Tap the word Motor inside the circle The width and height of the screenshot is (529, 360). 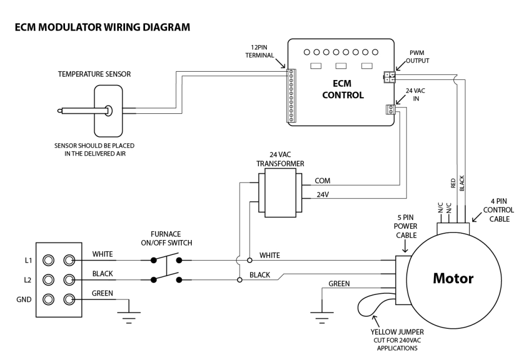453,278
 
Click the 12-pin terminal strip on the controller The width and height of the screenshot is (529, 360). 290,95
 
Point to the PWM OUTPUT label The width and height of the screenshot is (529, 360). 418,56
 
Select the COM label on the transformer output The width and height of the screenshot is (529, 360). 323,181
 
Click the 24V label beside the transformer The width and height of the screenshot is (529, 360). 322,195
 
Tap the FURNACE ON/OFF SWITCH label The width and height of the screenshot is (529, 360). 166,238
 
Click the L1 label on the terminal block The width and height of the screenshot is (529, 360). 27,260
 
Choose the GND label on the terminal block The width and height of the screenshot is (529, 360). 24,300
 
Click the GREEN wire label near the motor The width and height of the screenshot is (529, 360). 339,284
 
